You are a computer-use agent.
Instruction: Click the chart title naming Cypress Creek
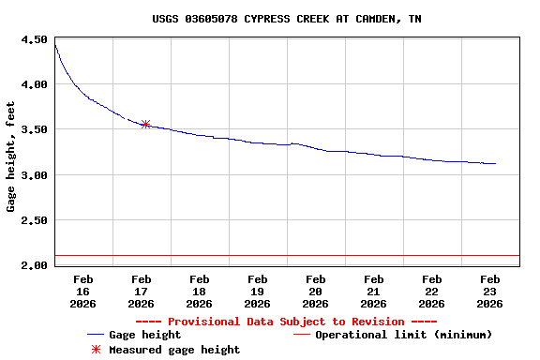pos(286,19)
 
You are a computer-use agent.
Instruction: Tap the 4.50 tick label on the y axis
pos(34,40)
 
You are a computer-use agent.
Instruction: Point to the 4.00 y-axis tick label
pos(34,84)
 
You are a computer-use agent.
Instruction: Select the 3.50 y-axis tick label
pos(34,129)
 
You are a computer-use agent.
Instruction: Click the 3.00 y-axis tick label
pos(34,175)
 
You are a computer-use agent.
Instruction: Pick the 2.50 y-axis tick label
pos(34,220)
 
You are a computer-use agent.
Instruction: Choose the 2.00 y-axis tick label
pos(34,265)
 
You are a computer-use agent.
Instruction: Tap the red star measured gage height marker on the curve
pos(145,124)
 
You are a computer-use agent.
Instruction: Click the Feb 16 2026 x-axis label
pos(82,291)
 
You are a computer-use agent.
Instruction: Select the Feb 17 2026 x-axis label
pos(141,291)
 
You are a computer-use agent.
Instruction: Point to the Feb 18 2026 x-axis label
pos(199,291)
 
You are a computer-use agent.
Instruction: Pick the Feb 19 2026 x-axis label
pos(257,291)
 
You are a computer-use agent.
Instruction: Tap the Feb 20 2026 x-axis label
pos(315,291)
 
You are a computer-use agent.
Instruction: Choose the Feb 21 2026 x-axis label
pos(373,291)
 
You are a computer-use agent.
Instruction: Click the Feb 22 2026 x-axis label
pos(431,291)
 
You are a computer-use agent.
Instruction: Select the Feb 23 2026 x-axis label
pos(489,291)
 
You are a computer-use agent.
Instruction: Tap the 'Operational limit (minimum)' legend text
pos(404,335)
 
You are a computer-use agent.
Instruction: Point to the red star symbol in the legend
pos(95,350)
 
